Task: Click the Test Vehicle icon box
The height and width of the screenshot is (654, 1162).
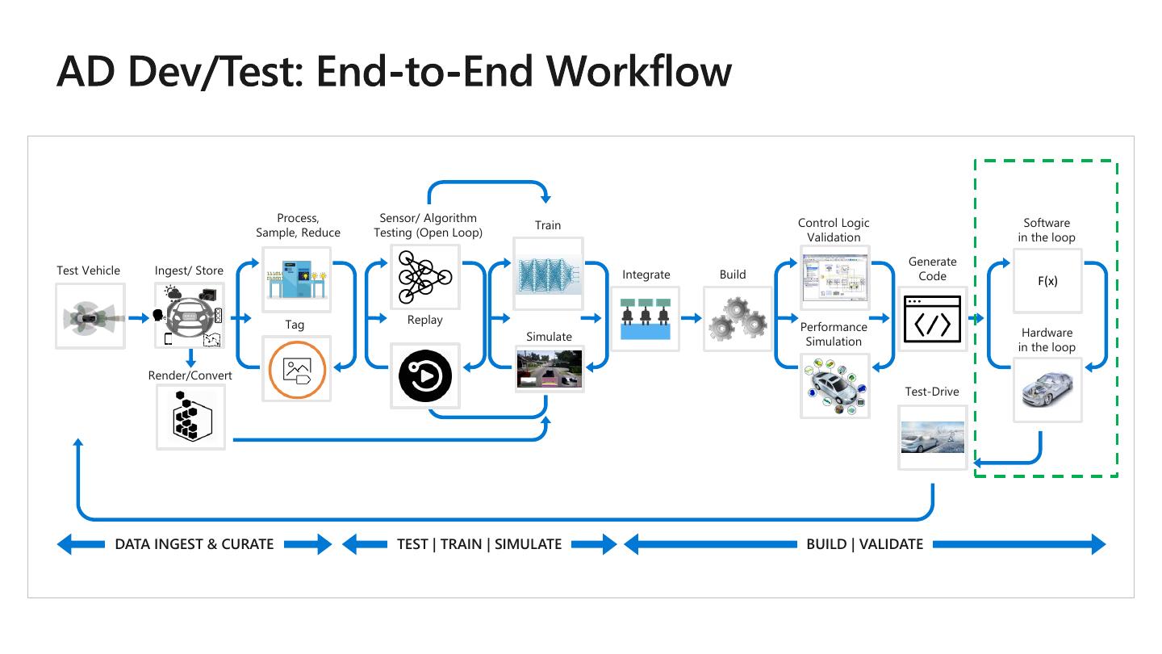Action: (x=90, y=316)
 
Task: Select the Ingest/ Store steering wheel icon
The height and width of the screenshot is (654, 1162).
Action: (x=190, y=316)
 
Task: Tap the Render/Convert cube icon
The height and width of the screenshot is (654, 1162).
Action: (x=190, y=417)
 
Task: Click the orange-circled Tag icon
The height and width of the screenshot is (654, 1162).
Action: (x=296, y=369)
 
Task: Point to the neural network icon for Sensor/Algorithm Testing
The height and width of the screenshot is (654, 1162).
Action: (x=424, y=277)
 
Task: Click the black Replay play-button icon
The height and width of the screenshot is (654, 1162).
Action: (x=424, y=375)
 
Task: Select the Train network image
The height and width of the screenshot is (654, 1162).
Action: (x=548, y=274)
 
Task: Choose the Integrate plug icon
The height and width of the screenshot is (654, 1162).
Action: (x=646, y=318)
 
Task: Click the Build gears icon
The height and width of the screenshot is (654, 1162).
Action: (x=737, y=318)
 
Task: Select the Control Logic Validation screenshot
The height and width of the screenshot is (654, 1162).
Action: (x=834, y=279)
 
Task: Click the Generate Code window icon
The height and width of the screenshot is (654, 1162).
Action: (x=933, y=318)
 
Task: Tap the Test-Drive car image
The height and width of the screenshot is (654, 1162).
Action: (x=933, y=438)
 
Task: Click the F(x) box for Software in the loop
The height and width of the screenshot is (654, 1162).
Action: (x=1047, y=282)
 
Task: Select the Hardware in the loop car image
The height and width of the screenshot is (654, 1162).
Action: (x=1047, y=390)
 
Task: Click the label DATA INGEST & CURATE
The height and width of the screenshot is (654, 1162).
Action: (x=194, y=544)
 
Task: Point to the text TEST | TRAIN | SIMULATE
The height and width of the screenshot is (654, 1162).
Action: (x=479, y=544)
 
